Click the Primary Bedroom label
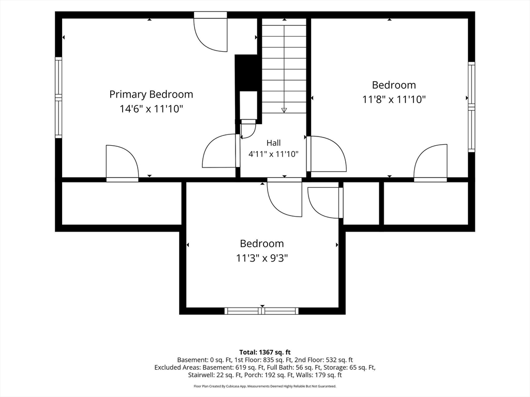click(x=151, y=94)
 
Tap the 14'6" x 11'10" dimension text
click(x=151, y=109)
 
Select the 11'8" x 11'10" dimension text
click(x=394, y=100)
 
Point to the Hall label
click(x=273, y=143)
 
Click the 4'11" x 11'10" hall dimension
click(x=273, y=154)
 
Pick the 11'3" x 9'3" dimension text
click(x=262, y=258)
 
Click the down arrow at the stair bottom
click(x=284, y=110)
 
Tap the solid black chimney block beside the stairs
click(x=248, y=72)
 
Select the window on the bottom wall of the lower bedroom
click(x=261, y=311)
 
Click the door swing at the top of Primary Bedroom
click(x=210, y=32)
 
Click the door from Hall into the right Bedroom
click(x=327, y=154)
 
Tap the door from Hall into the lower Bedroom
click(x=284, y=197)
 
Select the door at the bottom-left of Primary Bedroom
click(x=122, y=163)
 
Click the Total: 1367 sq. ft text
click(x=265, y=353)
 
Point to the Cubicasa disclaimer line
click(x=265, y=386)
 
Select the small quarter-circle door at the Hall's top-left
click(x=248, y=129)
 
